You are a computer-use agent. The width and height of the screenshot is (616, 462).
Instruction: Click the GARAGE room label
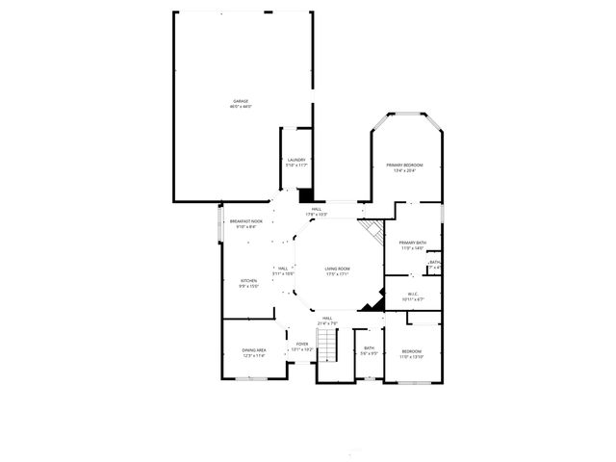click(x=241, y=101)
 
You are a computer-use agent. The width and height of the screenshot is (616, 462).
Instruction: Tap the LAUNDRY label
click(x=295, y=160)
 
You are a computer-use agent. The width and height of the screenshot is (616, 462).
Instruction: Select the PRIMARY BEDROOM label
click(x=405, y=166)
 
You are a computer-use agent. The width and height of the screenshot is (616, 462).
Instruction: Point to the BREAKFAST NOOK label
click(x=245, y=221)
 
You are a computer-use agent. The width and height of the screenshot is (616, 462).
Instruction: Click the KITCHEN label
click(x=249, y=280)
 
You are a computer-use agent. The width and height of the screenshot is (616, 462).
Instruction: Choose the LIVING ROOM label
click(x=337, y=269)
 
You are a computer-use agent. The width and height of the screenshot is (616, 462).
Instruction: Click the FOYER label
click(x=302, y=344)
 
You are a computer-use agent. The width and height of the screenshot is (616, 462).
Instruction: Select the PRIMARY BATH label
click(x=413, y=243)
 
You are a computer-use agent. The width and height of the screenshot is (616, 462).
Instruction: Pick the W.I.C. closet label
click(x=413, y=295)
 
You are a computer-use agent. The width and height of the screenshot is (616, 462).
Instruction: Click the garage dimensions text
click(x=241, y=107)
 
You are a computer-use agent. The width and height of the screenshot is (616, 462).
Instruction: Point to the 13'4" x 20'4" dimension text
click(x=405, y=171)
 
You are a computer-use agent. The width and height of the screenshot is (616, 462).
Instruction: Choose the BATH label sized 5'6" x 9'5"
click(x=369, y=347)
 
